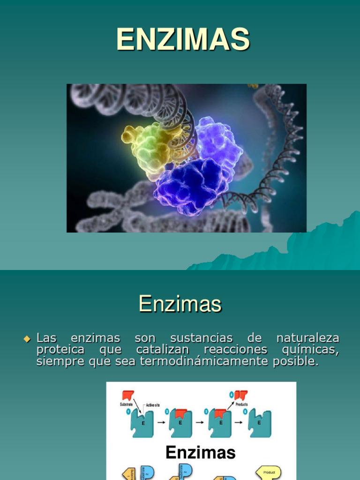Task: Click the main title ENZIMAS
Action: click(x=183, y=39)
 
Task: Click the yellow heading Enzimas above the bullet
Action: click(x=180, y=304)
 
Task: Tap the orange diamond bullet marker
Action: click(x=27, y=338)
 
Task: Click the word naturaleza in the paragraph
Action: click(x=307, y=338)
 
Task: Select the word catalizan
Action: click(x=163, y=350)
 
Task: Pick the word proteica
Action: click(x=61, y=350)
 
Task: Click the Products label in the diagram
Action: click(x=242, y=404)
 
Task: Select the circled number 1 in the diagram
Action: click(x=128, y=411)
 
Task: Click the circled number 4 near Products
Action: click(x=231, y=394)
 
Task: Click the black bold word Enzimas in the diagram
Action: click(x=201, y=452)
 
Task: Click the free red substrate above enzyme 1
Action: click(x=128, y=395)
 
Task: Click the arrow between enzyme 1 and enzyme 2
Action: click(x=161, y=422)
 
